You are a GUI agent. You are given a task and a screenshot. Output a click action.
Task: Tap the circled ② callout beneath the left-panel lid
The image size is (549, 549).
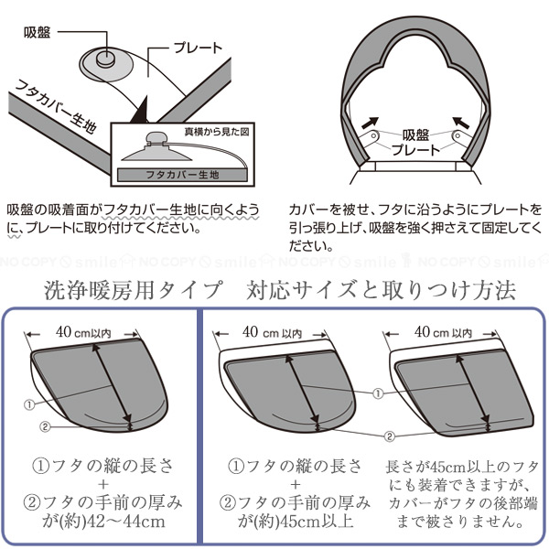[x=42, y=426]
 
